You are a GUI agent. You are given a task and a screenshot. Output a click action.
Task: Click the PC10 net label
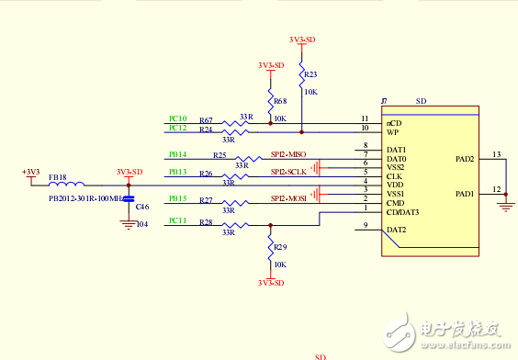[178, 119]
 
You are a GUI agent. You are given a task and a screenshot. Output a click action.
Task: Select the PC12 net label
[178, 129]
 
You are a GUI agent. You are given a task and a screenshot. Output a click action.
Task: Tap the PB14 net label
[178, 154]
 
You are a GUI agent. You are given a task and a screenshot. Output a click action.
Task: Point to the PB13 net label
[178, 172]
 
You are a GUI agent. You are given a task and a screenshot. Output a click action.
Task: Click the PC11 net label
[178, 220]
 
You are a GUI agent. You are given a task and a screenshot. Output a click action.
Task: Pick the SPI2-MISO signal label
[288, 154]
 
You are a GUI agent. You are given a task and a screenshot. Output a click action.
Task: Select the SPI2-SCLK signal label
[288, 172]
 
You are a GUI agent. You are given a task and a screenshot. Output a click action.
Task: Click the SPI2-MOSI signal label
[288, 198]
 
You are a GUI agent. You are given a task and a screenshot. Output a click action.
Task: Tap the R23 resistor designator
[310, 74]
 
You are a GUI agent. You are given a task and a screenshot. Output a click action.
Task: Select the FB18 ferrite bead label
[57, 176]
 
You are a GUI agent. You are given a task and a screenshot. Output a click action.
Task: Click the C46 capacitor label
[141, 208]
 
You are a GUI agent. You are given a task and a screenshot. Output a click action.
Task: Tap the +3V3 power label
[31, 172]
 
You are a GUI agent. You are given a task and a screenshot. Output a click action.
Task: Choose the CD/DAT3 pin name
[403, 212]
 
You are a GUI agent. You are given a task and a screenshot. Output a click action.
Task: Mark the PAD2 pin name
[464, 159]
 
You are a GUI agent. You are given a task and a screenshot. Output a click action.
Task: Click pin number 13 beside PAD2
[496, 154]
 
